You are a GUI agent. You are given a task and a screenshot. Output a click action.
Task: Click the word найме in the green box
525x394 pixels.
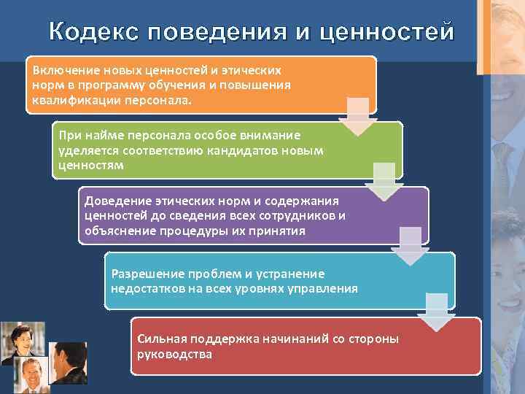pos(102,136)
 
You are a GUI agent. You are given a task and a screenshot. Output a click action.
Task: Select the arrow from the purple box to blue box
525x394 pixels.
pos(411,246)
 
